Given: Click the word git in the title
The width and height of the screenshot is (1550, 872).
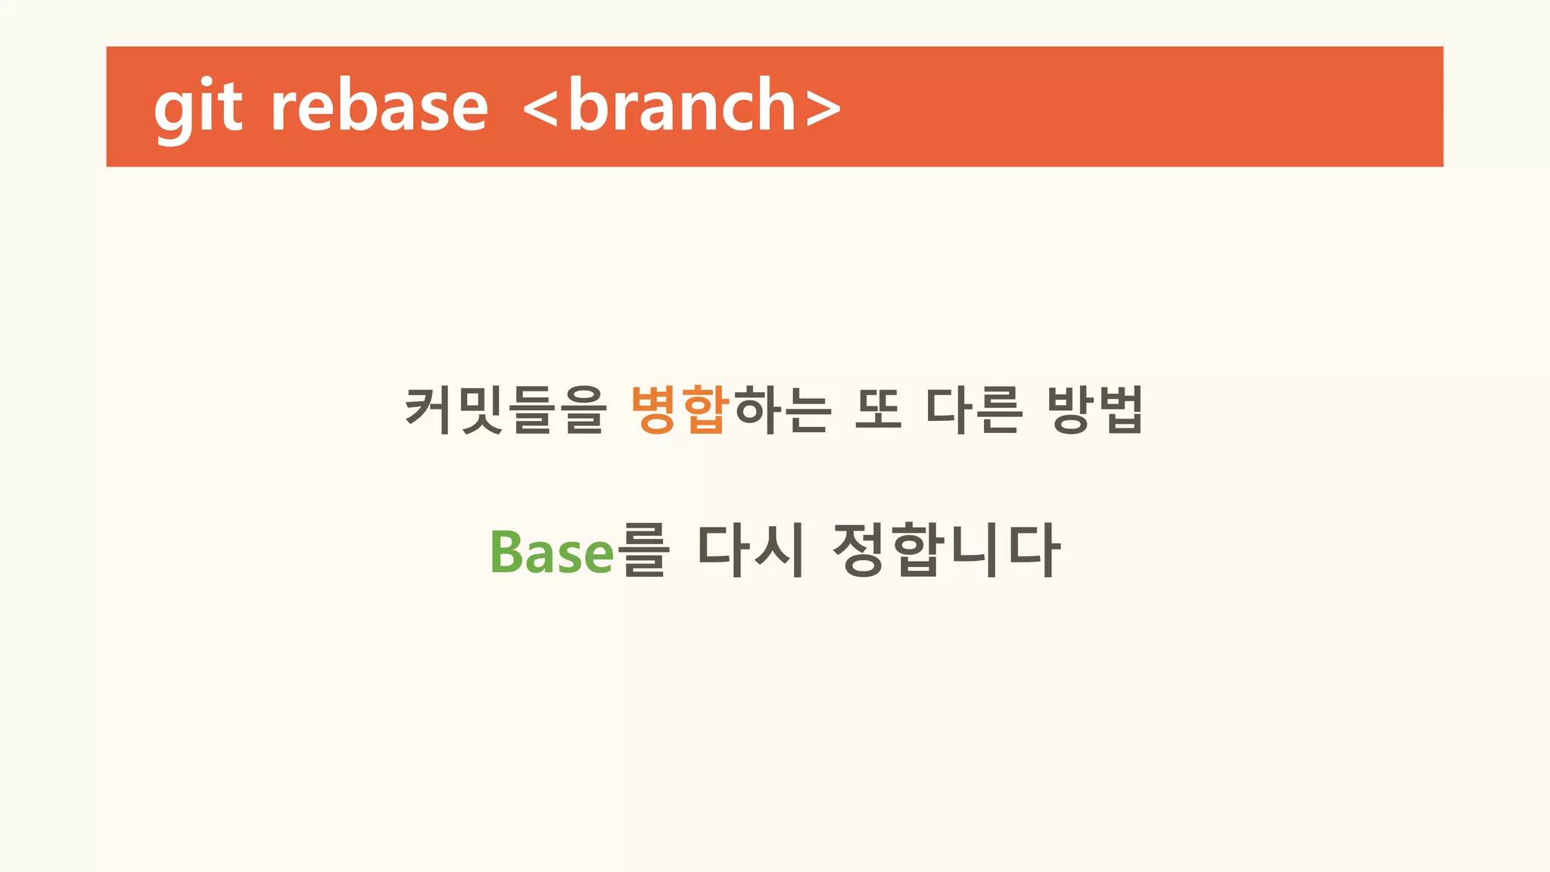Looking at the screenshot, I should (198, 107).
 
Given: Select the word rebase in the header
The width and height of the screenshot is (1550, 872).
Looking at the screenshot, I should (379, 107).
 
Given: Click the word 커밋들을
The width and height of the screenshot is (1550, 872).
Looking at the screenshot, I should (506, 410).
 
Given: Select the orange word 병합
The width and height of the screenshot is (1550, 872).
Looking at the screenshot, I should (680, 410).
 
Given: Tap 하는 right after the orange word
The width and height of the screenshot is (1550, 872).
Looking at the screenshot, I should (783, 410).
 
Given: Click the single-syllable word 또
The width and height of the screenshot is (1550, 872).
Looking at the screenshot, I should (879, 410).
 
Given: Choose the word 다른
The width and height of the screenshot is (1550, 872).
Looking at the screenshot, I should (975, 410).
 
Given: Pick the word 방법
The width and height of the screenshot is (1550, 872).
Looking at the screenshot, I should (1095, 410).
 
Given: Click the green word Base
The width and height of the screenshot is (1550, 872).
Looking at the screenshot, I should (552, 552).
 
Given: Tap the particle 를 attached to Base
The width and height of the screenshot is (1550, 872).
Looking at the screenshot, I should (643, 550).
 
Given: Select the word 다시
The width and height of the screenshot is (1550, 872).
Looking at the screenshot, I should (750, 550).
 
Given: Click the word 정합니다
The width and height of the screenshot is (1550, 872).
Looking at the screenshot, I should (946, 550).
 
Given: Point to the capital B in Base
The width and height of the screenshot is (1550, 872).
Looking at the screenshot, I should (506, 552).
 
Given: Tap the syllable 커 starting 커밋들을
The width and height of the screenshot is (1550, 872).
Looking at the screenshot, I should (430, 410).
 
